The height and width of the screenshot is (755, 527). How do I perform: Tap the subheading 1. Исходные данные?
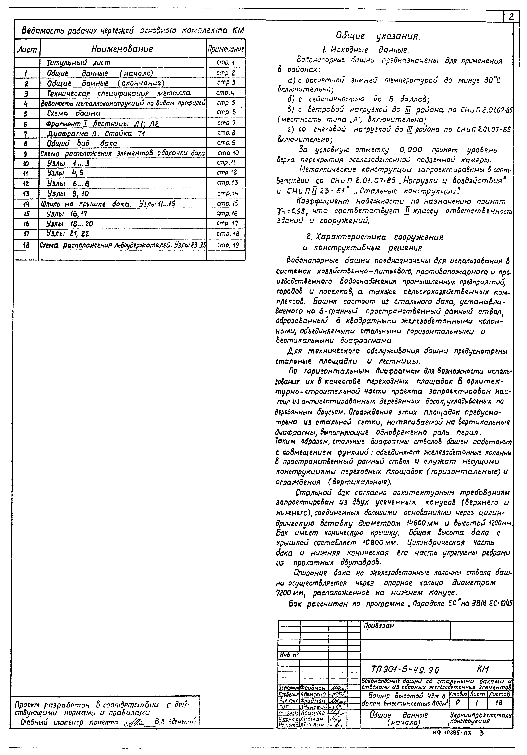365,50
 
